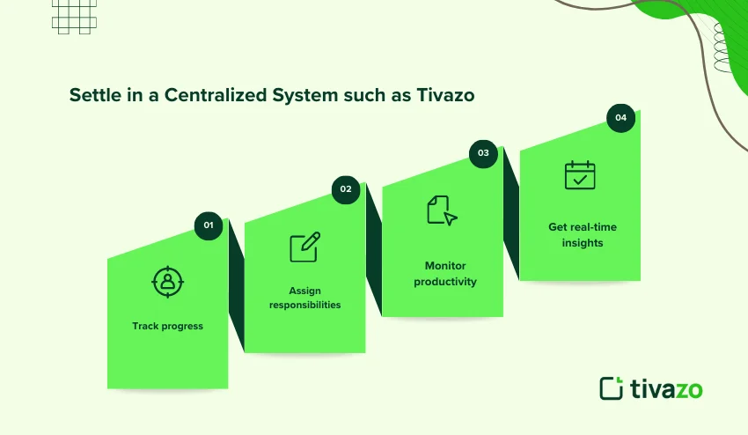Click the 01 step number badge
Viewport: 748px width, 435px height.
[209, 225]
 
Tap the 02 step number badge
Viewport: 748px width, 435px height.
[346, 189]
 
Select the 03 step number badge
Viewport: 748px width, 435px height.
[483, 153]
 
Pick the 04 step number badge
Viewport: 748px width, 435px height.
[621, 117]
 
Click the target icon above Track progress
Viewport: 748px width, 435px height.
[166, 282]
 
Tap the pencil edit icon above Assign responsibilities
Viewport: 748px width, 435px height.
[304, 247]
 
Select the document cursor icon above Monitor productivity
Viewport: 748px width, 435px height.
[442, 210]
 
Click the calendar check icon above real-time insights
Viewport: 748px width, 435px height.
[580, 175]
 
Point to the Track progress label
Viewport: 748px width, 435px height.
[167, 326]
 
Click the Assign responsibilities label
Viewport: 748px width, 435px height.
[304, 298]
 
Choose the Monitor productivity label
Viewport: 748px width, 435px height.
[445, 274]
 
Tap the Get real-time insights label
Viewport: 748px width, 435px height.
[583, 234]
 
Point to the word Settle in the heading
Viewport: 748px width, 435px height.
[92, 96]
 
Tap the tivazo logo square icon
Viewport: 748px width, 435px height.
[611, 388]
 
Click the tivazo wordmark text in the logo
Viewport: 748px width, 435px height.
[666, 388]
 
